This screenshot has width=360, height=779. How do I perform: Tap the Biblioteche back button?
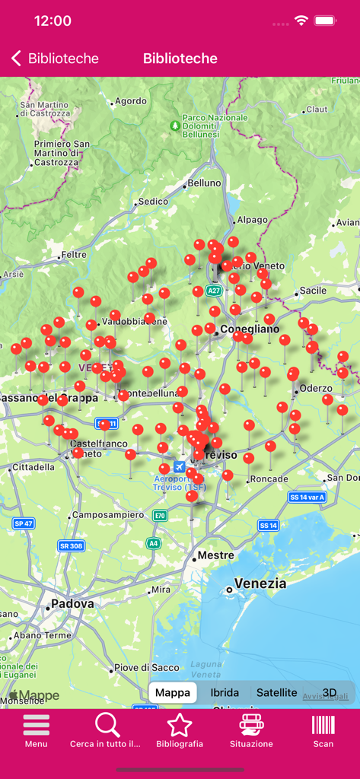[55, 59]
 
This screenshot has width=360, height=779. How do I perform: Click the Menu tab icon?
[36, 726]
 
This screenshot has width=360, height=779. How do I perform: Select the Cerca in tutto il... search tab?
[107, 726]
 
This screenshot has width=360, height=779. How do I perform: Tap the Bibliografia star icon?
[180, 726]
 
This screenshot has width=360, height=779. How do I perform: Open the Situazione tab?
[251, 726]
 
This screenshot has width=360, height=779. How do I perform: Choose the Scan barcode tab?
[323, 726]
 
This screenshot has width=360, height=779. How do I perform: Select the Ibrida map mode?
[225, 692]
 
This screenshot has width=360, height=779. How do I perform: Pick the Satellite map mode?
[276, 692]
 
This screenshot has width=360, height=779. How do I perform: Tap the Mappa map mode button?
[173, 692]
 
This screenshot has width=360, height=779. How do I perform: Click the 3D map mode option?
[330, 692]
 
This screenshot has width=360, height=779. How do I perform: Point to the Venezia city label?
[260, 583]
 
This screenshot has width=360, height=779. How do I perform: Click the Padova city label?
[72, 604]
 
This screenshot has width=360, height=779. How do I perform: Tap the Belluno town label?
[203, 183]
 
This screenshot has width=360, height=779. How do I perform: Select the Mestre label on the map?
[215, 555]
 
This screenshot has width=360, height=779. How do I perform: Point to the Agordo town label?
[130, 101]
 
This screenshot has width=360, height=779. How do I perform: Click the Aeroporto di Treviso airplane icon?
[180, 466]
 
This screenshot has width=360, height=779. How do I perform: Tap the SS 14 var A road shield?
[307, 497]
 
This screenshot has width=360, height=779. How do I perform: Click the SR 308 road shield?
[71, 545]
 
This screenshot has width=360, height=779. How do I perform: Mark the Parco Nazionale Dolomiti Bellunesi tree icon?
[176, 124]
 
